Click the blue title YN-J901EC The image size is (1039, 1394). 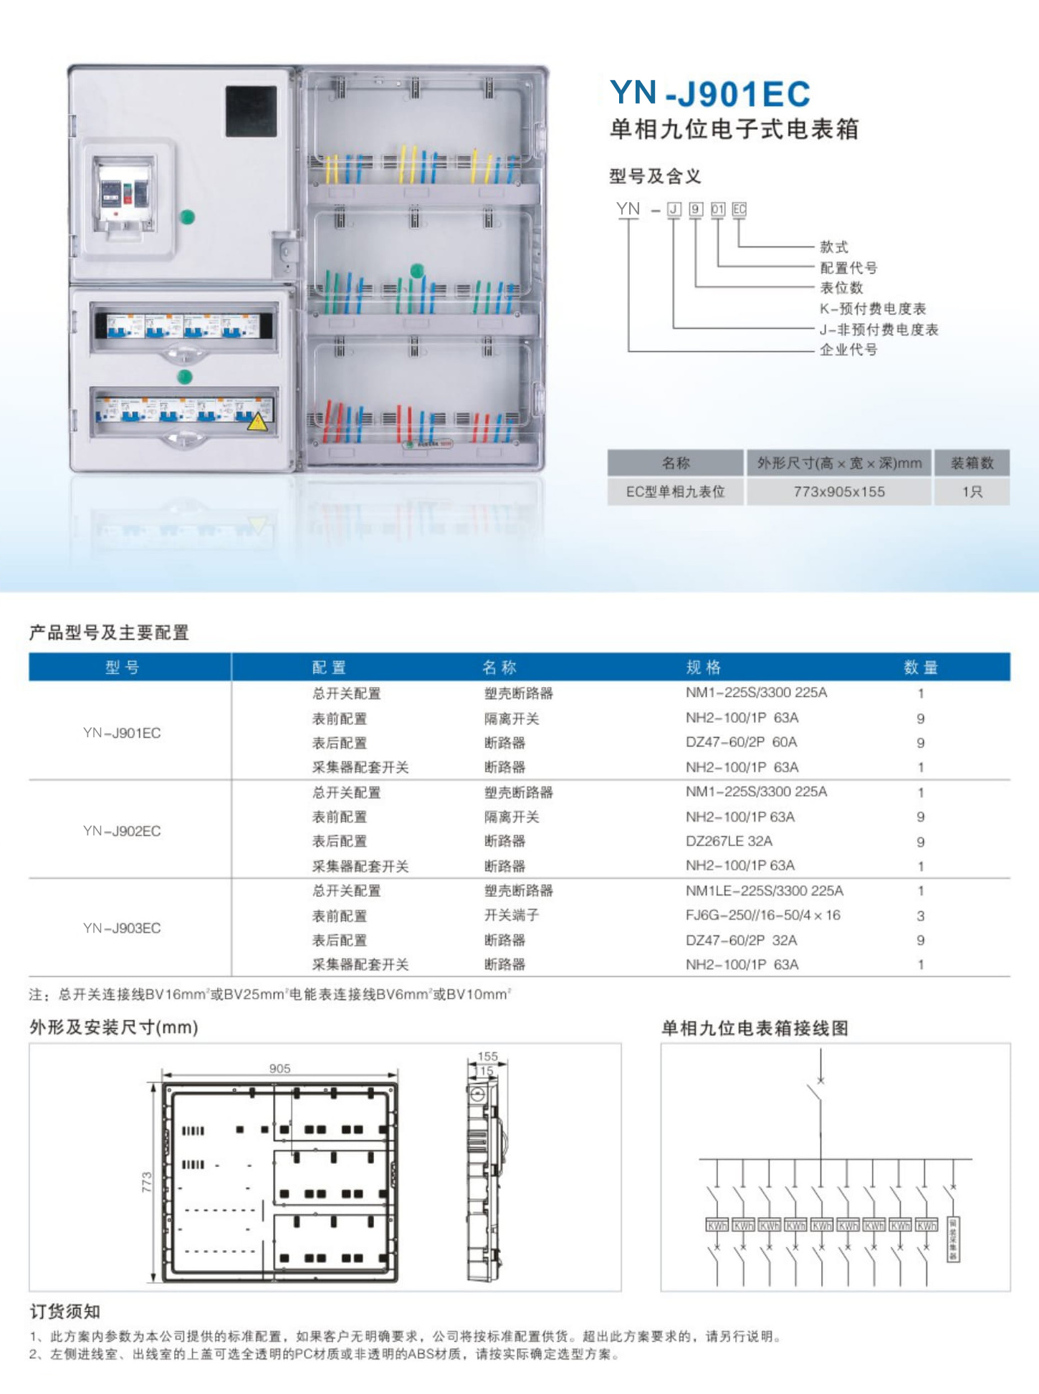709,93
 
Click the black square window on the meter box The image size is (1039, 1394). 251,111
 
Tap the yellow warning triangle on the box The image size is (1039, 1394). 257,421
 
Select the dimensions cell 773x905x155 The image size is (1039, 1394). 838,492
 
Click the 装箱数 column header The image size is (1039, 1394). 972,463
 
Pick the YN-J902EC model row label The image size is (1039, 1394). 122,831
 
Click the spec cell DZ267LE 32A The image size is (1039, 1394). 729,841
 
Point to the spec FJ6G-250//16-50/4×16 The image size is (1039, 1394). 762,915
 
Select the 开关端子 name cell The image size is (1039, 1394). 511,915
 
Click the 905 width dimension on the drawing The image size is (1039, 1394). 279,1068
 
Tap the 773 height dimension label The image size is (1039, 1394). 147,1181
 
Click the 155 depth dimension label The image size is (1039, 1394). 487,1056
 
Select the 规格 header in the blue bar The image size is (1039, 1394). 703,668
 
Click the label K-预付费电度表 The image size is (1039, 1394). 873,309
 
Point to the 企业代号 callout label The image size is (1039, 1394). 848,350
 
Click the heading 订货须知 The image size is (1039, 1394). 64,1312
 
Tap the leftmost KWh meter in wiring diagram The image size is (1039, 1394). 717,1226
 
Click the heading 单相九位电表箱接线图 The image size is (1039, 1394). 755,1029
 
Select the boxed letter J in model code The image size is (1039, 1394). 674,209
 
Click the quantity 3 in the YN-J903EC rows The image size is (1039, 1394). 920,916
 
